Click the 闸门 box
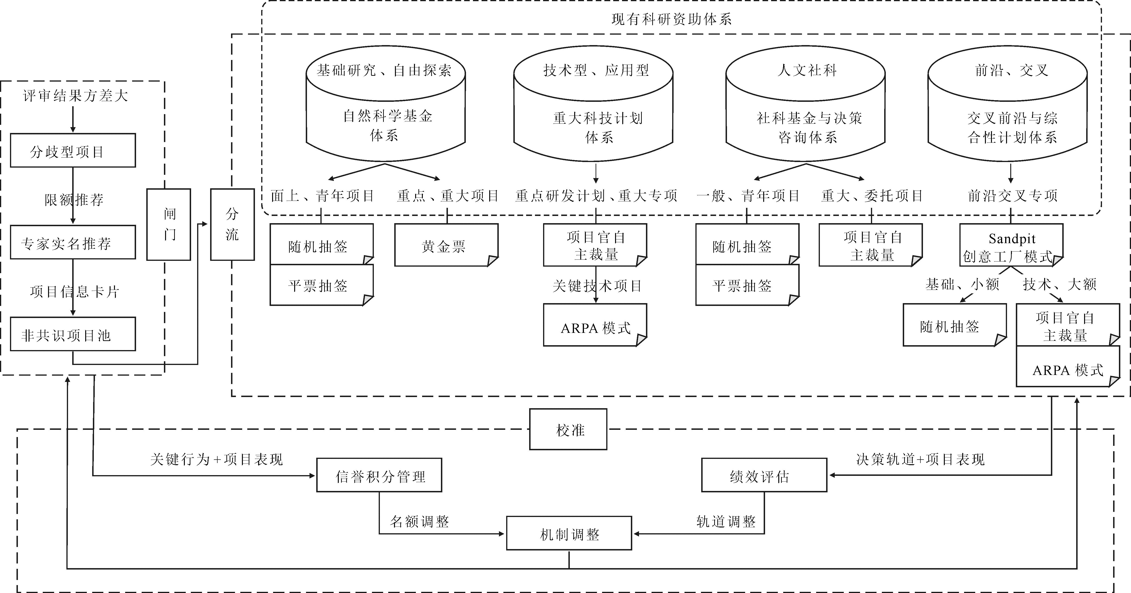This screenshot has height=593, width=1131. (169, 225)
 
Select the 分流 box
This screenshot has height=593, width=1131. (232, 225)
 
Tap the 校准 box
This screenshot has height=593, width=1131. (568, 429)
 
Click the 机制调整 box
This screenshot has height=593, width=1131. (569, 533)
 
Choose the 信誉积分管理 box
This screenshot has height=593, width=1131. (379, 475)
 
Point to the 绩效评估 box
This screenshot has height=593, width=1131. (764, 475)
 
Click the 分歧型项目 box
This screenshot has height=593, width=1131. (73, 150)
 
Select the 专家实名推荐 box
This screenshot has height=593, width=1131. (73, 242)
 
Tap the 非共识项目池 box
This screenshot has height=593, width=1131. (73, 334)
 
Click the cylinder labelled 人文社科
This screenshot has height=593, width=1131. (806, 103)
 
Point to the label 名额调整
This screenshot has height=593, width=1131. (420, 521)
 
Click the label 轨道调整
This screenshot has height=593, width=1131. (726, 521)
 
